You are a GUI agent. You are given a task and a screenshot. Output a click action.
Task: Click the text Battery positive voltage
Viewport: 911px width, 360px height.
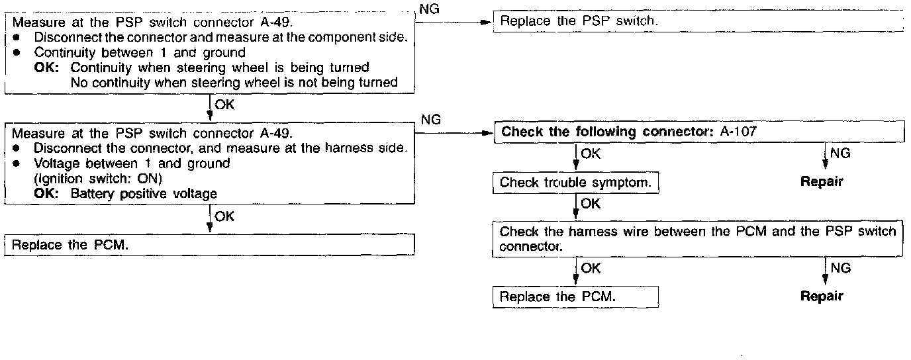[x=144, y=194]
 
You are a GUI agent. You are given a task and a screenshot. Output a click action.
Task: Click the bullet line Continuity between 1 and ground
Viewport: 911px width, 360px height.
[x=140, y=52]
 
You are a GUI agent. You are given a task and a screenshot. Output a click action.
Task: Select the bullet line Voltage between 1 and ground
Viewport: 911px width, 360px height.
[x=132, y=163]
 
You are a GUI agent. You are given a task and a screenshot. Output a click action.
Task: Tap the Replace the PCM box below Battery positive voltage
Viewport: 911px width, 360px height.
[x=209, y=245]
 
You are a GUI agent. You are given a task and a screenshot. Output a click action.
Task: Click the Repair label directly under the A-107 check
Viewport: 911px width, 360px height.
[x=822, y=182]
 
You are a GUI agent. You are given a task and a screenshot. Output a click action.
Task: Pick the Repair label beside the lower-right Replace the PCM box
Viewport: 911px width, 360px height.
[x=822, y=296]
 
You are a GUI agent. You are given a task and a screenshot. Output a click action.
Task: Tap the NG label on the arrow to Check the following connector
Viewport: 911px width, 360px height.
[x=430, y=120]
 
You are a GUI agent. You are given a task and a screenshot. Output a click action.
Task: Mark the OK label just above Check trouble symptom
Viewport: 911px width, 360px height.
[x=591, y=154]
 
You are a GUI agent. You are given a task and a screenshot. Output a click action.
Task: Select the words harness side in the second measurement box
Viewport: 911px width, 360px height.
[x=371, y=148]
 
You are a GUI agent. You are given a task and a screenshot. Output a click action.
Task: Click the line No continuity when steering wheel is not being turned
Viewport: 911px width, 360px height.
[x=234, y=82]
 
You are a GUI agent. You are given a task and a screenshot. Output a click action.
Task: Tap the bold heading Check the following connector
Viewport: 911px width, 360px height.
[x=603, y=132]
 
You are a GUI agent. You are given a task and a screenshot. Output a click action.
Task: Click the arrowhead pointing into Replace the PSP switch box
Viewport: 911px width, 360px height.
[x=490, y=22]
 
